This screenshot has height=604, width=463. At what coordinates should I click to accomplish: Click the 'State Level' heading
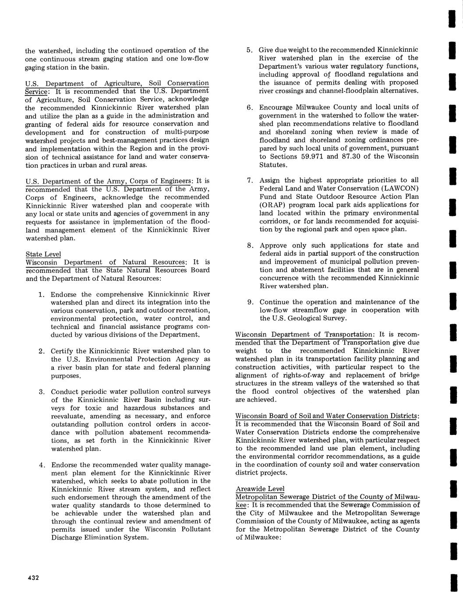(x=43, y=254)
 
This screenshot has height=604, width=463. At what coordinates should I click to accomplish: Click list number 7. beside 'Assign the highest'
(x=250, y=180)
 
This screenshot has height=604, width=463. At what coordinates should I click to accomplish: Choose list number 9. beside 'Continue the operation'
(x=250, y=302)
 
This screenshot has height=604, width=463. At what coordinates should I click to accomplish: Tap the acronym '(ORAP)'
(x=272, y=205)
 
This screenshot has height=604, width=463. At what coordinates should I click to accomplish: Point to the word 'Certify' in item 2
(x=64, y=351)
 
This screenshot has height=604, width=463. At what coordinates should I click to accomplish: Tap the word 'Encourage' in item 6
(x=276, y=107)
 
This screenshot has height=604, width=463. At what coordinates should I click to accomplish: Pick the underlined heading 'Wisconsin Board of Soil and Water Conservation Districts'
(x=327, y=416)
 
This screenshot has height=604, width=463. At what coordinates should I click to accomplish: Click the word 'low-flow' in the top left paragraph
(x=194, y=59)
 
